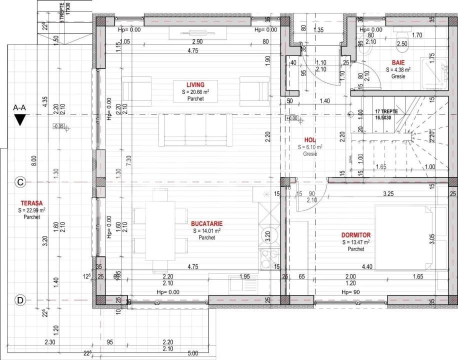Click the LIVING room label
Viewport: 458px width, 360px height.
coord(192,84)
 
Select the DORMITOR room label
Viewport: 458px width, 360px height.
coord(356,234)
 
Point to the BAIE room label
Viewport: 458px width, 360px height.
coord(398,62)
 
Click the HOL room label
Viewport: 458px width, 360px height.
coord(310,140)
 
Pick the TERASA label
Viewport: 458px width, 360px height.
coord(31,203)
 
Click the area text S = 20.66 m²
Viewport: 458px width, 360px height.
coord(192,92)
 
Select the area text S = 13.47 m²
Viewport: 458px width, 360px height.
coord(356,242)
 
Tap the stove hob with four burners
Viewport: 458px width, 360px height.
coord(267,257)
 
